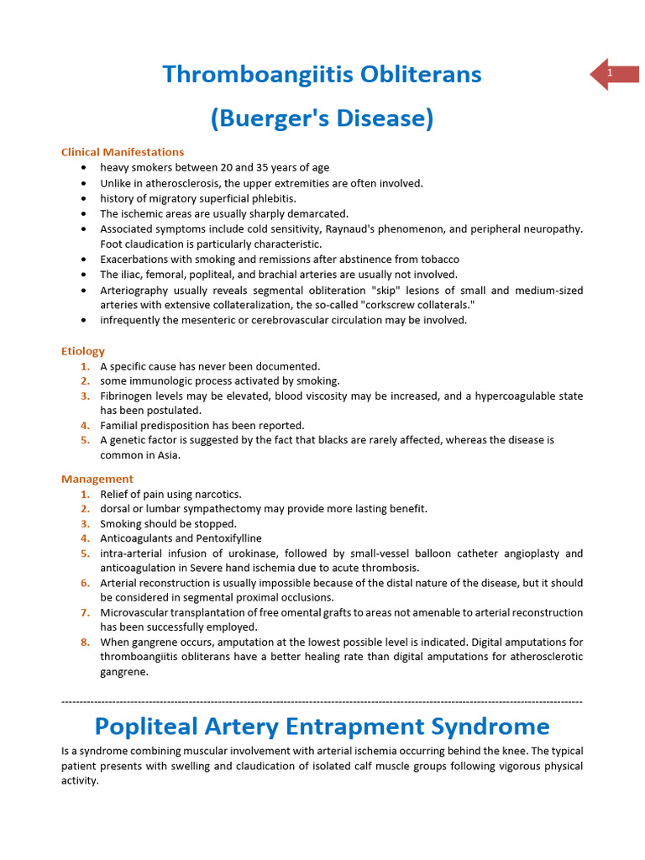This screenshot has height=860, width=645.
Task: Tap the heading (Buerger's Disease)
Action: point(322,118)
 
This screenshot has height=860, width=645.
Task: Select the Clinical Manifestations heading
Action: point(123,152)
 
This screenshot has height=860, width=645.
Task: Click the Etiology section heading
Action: point(83,351)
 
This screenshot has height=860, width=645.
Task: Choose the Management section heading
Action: point(97,479)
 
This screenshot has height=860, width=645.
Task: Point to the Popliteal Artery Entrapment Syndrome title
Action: point(322,726)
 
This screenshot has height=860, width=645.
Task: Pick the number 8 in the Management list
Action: point(85,642)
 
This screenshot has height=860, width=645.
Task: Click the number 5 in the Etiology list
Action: point(85,439)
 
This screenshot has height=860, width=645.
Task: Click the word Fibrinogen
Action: point(126,396)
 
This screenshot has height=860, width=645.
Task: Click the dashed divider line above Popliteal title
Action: point(322,700)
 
